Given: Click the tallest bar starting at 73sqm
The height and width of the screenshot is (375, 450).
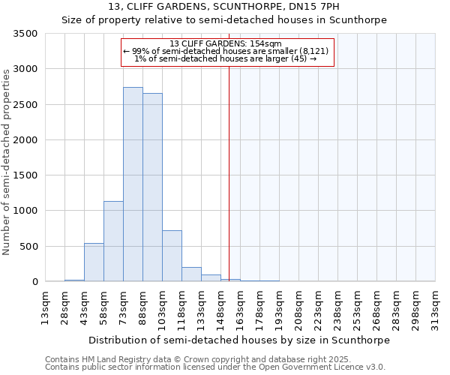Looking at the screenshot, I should (x=133, y=184).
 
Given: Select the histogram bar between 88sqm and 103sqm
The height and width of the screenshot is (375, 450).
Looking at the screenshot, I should (x=152, y=187).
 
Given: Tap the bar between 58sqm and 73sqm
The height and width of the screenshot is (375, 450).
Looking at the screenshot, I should (x=113, y=241).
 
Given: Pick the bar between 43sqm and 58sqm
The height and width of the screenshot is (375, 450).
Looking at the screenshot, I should (x=94, y=262).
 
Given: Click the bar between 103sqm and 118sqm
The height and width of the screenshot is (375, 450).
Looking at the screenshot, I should (x=172, y=256).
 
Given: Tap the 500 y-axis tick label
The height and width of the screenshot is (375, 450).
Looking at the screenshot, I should (x=30, y=247).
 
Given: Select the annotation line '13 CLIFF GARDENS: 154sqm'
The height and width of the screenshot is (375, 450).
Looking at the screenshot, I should (x=226, y=43).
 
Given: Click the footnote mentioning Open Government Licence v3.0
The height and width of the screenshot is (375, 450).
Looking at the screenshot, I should (x=215, y=367).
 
